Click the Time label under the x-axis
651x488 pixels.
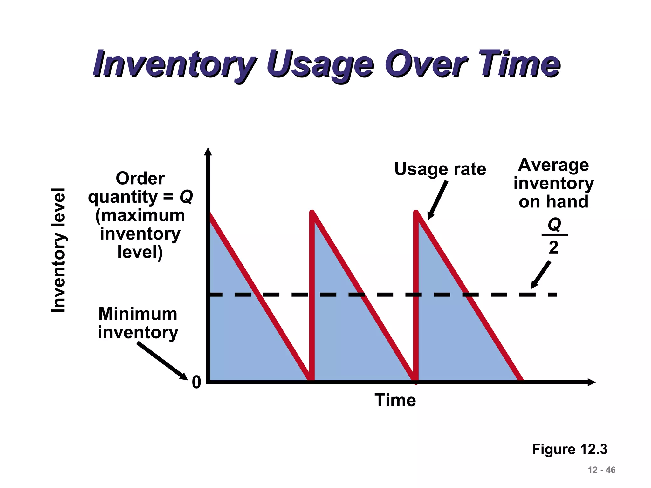[x=395, y=400]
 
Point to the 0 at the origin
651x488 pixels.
[x=196, y=382]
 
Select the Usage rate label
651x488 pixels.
[x=440, y=169]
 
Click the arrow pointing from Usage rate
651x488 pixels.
[x=438, y=200]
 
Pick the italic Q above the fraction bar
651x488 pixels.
[x=554, y=225]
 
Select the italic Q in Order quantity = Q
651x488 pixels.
[x=186, y=197]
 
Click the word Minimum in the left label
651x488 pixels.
[x=138, y=314]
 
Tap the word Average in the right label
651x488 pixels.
[x=553, y=165]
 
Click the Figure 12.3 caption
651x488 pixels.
[x=570, y=449]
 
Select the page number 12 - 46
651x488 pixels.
[x=601, y=470]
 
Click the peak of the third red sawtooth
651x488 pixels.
[x=416, y=212]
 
